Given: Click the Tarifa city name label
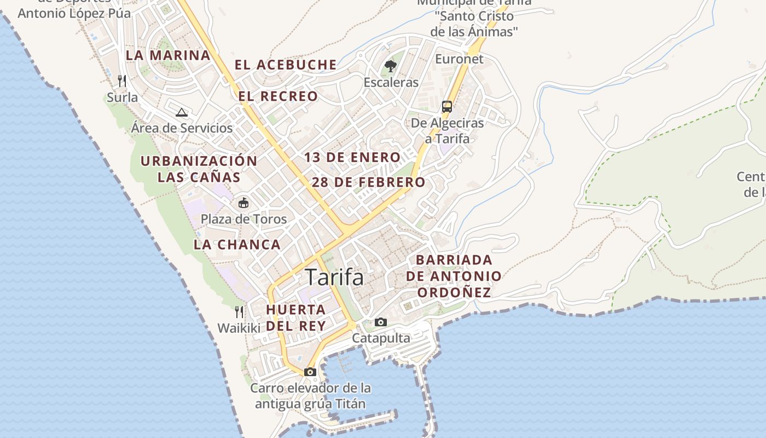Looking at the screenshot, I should pos(334,278).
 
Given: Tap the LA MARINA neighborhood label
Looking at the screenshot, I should pos(168,55).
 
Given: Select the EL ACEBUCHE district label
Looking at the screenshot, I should pos(286,65).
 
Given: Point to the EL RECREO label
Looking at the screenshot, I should pos(278,96).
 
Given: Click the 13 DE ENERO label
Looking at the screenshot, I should pos(352,158).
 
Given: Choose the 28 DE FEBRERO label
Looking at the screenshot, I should pos(368,182).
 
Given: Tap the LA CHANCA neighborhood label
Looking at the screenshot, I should pos(237,245).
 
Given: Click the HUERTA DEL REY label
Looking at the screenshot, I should pos(296,318).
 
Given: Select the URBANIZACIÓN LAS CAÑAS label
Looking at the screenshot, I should pos(199,169).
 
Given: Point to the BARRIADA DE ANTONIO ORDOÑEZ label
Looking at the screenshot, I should pos(454,276).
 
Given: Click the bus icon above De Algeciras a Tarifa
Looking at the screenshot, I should pos(447,106).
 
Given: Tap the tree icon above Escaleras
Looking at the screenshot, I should pos(390,66).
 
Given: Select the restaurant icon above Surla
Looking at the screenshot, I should pos(122,81).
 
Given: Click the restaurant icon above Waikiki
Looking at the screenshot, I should pos(239,312).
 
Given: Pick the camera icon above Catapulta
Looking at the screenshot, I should pos(381,322).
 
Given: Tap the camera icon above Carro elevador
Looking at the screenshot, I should pos(310,372).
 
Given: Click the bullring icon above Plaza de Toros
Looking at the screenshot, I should pos(243,203).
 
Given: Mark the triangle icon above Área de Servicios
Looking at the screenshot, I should pos(182,113).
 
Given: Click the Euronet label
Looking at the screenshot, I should pos(460,59).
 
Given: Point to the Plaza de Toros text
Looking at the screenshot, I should pos(243,220).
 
